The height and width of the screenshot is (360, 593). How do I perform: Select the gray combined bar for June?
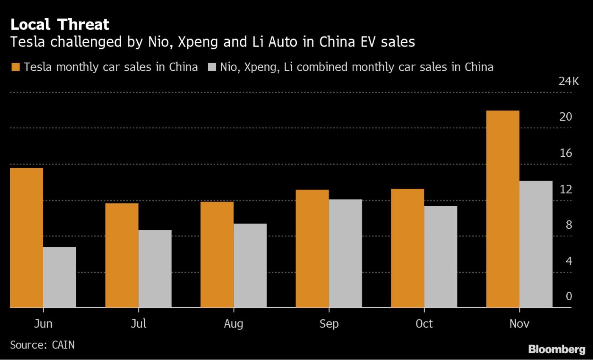[x=60, y=277]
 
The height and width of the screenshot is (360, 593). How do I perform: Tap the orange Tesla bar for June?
[x=26, y=238]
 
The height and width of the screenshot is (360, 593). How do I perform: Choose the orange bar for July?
[x=122, y=255]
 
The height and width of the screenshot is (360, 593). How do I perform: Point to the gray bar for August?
[x=250, y=266]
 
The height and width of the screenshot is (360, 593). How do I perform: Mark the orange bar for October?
[x=407, y=248]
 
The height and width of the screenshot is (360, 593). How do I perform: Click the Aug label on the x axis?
[x=234, y=324]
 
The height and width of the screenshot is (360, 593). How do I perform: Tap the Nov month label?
[x=519, y=324]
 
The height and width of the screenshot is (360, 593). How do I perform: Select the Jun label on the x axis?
[x=43, y=324]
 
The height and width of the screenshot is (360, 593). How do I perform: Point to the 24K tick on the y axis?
[x=569, y=81]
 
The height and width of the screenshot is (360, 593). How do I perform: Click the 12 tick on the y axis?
[x=565, y=189]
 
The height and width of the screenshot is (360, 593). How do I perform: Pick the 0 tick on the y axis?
[x=568, y=296]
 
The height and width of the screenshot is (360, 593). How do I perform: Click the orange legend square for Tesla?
[x=15, y=67]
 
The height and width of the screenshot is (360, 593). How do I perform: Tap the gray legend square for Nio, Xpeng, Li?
[x=212, y=67]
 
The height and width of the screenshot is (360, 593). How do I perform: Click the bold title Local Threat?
[x=60, y=25]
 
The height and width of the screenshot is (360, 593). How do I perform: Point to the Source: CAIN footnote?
[x=42, y=345]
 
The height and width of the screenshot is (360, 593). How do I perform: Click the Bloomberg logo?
[x=557, y=349]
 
